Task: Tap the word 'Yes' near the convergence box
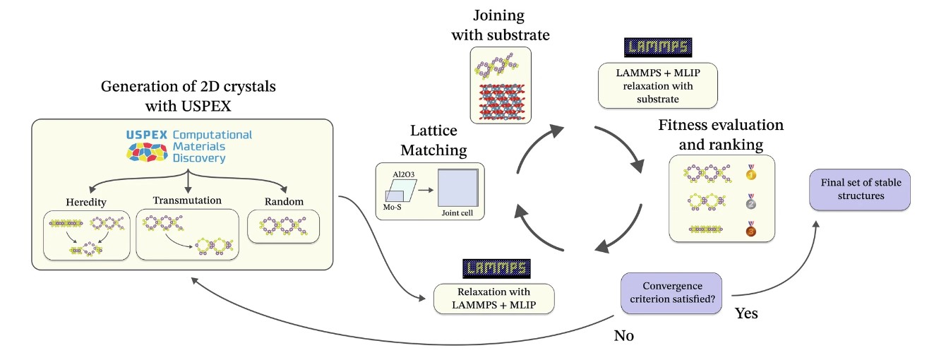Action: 746,313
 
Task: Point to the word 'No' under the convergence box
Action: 623,335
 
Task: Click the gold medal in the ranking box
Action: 750,173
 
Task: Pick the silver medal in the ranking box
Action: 750,202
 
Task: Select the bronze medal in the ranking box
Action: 750,230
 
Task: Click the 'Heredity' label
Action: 86,202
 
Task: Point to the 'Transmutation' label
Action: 186,200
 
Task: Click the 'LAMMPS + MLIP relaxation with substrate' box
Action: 657,86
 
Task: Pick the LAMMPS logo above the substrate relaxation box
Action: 657,47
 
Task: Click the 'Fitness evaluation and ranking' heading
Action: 720,134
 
